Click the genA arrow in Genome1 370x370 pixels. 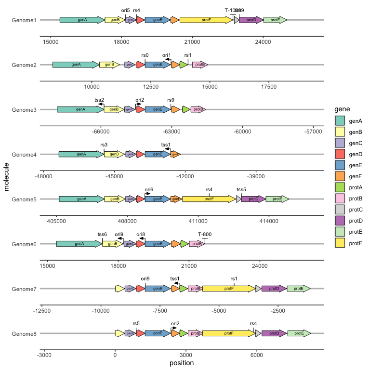pos(82,20)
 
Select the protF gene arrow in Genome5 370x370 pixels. pos(209,199)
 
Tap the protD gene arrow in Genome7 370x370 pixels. pos(274,289)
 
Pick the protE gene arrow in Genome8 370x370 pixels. pos(299,333)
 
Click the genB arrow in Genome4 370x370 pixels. pos(114,154)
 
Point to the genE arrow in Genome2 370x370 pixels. pos(157,65)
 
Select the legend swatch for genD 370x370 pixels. pos(340,154)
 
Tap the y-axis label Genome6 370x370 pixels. pos(24,244)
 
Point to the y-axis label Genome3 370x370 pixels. pos(24,110)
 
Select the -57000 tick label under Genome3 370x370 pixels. pos(313,131)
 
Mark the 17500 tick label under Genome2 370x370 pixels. pos(268,86)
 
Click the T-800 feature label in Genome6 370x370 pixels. pos(205,234)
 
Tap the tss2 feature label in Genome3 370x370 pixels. pos(99,100)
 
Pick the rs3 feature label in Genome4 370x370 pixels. pos(104,145)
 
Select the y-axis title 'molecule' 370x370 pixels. pos(7,177)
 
